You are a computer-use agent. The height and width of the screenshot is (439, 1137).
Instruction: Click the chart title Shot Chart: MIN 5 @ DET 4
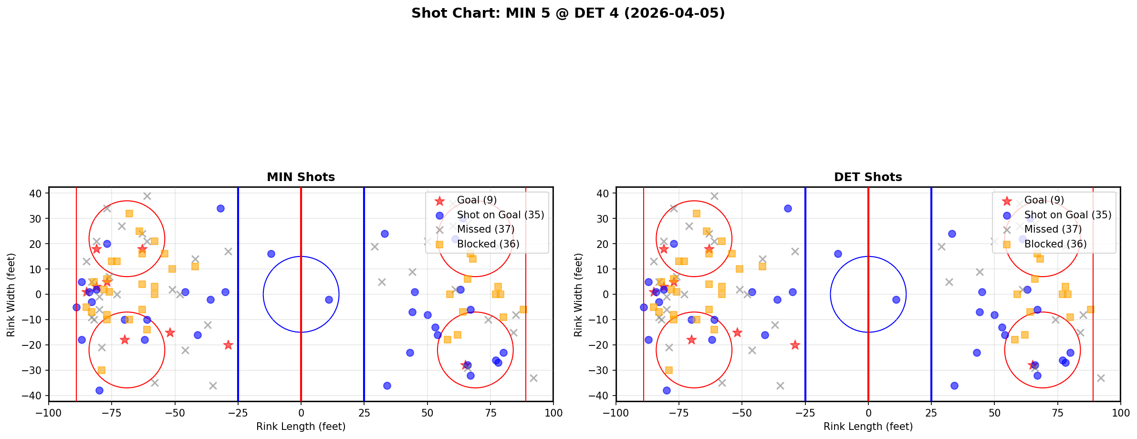point(568,13)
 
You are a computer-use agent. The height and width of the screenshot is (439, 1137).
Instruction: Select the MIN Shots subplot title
point(301,177)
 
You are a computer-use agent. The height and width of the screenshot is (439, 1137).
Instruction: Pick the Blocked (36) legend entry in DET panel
point(1055,244)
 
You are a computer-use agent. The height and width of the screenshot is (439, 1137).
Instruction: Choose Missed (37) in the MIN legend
point(485,229)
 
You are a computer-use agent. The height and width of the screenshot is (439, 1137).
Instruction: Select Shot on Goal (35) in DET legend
point(1067,215)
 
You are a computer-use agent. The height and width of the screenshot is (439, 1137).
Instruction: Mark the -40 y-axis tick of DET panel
point(603,396)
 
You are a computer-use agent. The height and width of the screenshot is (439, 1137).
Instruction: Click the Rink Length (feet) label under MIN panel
point(301,427)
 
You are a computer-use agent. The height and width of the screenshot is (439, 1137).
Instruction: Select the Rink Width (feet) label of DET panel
point(578,295)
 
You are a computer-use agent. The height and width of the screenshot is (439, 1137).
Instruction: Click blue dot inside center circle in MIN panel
point(329,300)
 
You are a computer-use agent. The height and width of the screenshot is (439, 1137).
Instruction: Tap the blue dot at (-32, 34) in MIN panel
point(220,208)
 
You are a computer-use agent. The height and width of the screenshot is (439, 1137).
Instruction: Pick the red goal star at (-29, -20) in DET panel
point(795,345)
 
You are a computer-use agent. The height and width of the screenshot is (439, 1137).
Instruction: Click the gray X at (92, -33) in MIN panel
point(533,378)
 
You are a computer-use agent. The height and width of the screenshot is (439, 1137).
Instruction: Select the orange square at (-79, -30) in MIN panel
point(102,370)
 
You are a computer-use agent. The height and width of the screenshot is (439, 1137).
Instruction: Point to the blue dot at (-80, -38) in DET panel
point(667,390)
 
